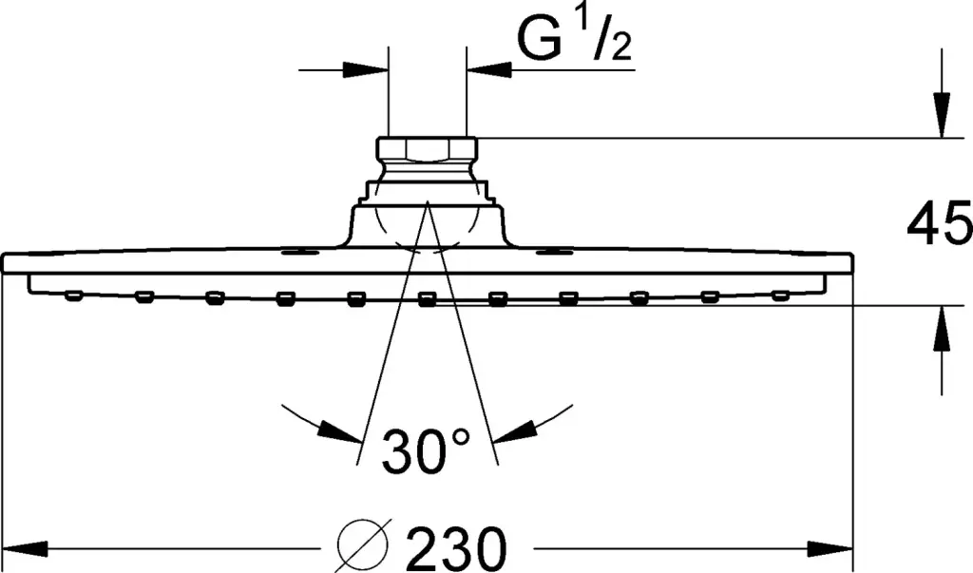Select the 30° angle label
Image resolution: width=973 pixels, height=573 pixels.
(x=426, y=450)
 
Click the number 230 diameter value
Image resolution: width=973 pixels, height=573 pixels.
(x=457, y=549)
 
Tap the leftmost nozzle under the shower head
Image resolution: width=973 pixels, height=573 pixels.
(x=74, y=296)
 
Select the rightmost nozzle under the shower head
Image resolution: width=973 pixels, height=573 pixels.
(x=781, y=296)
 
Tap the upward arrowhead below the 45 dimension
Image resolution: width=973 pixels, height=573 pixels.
(x=942, y=329)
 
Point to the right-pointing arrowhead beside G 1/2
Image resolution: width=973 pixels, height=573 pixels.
(x=366, y=69)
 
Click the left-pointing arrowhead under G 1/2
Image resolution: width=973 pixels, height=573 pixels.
(x=489, y=69)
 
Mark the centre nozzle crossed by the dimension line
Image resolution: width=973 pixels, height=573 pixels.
(x=427, y=300)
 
